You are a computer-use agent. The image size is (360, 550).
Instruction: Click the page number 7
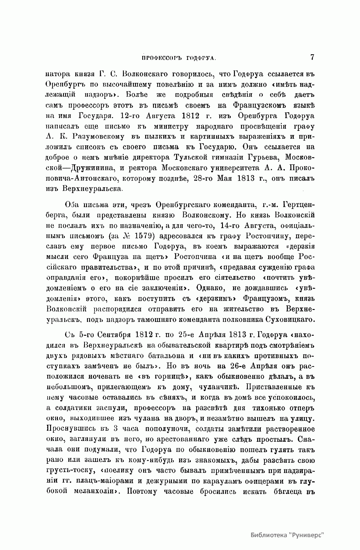pyautogui.click(x=312, y=57)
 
